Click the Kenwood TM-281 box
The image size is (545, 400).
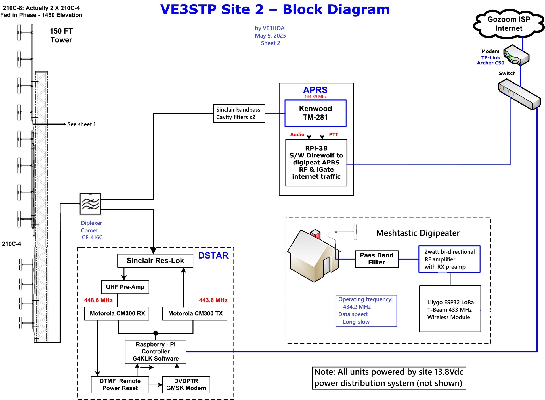point(315,113)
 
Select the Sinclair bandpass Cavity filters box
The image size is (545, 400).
point(239,113)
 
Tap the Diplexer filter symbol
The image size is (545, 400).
point(90,204)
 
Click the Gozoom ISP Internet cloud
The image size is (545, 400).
point(509,24)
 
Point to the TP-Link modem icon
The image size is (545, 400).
point(516,55)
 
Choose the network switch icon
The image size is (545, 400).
point(519,94)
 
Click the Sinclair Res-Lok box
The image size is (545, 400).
point(155,261)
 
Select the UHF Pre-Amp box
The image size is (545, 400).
point(125,287)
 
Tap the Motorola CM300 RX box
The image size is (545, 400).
point(117,313)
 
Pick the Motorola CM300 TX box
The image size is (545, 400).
point(195,313)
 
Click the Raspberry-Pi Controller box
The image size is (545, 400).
point(156,351)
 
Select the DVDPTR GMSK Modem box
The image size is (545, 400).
point(186,385)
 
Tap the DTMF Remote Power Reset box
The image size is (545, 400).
point(120,385)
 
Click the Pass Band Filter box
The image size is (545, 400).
point(376,259)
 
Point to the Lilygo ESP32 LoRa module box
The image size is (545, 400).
point(450,309)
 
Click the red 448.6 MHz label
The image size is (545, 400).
point(98,300)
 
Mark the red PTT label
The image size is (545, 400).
point(334,134)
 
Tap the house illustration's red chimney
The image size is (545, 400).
point(316,234)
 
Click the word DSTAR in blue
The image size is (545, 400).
point(213,255)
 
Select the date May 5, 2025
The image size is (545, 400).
point(270,36)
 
